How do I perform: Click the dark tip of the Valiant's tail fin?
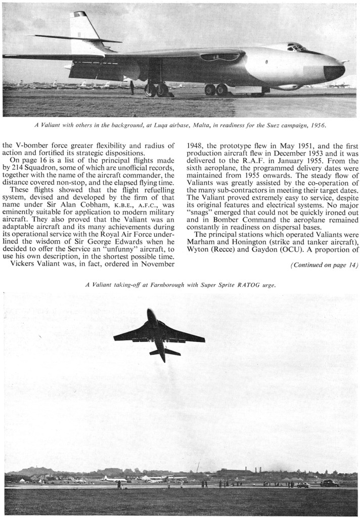pos(80,14)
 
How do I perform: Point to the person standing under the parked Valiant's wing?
pos(132,88)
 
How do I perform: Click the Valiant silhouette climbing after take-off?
pos(159,334)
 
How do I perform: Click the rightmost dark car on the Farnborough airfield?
pos(330,483)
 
